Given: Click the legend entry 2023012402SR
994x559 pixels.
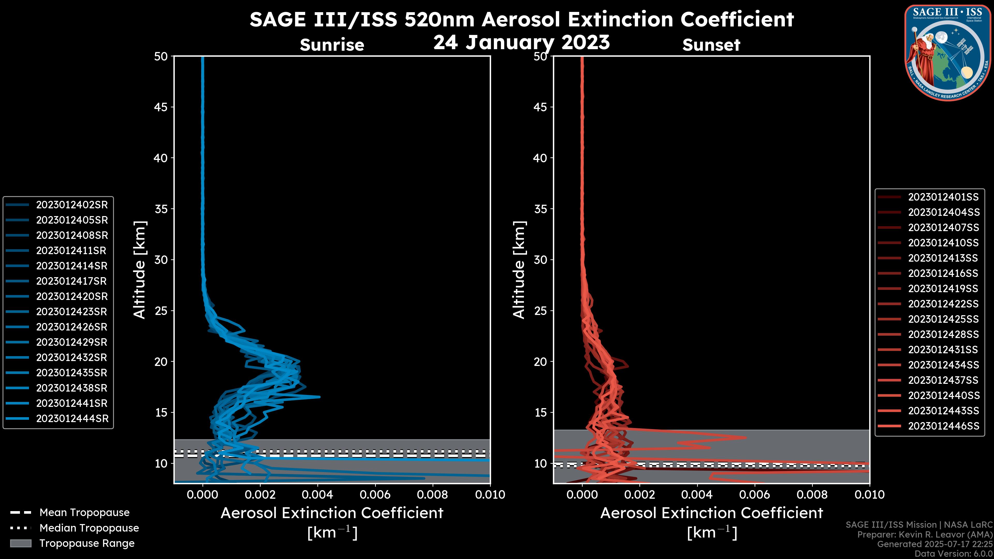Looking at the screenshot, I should pos(72,205).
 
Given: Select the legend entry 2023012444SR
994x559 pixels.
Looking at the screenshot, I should pos(72,418).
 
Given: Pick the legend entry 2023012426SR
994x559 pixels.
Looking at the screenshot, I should pos(71,327).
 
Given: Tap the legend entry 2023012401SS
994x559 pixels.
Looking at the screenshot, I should pos(943,197).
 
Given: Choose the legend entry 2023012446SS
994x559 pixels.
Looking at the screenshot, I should pos(944,426).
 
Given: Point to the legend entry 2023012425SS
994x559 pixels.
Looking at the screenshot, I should pos(943,319).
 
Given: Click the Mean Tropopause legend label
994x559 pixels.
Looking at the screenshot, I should pos(84,512).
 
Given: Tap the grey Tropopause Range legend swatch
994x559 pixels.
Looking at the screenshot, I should pos(20,543).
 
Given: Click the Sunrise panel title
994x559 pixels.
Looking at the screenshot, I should pos(332,45).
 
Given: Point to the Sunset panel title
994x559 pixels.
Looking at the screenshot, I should pos(711,45).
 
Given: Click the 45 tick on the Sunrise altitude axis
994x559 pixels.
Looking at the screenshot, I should pos(161,107).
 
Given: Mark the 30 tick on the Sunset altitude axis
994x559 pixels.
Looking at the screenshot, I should pos(540,260).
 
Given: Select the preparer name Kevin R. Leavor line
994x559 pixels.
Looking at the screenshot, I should pos(925,535).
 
